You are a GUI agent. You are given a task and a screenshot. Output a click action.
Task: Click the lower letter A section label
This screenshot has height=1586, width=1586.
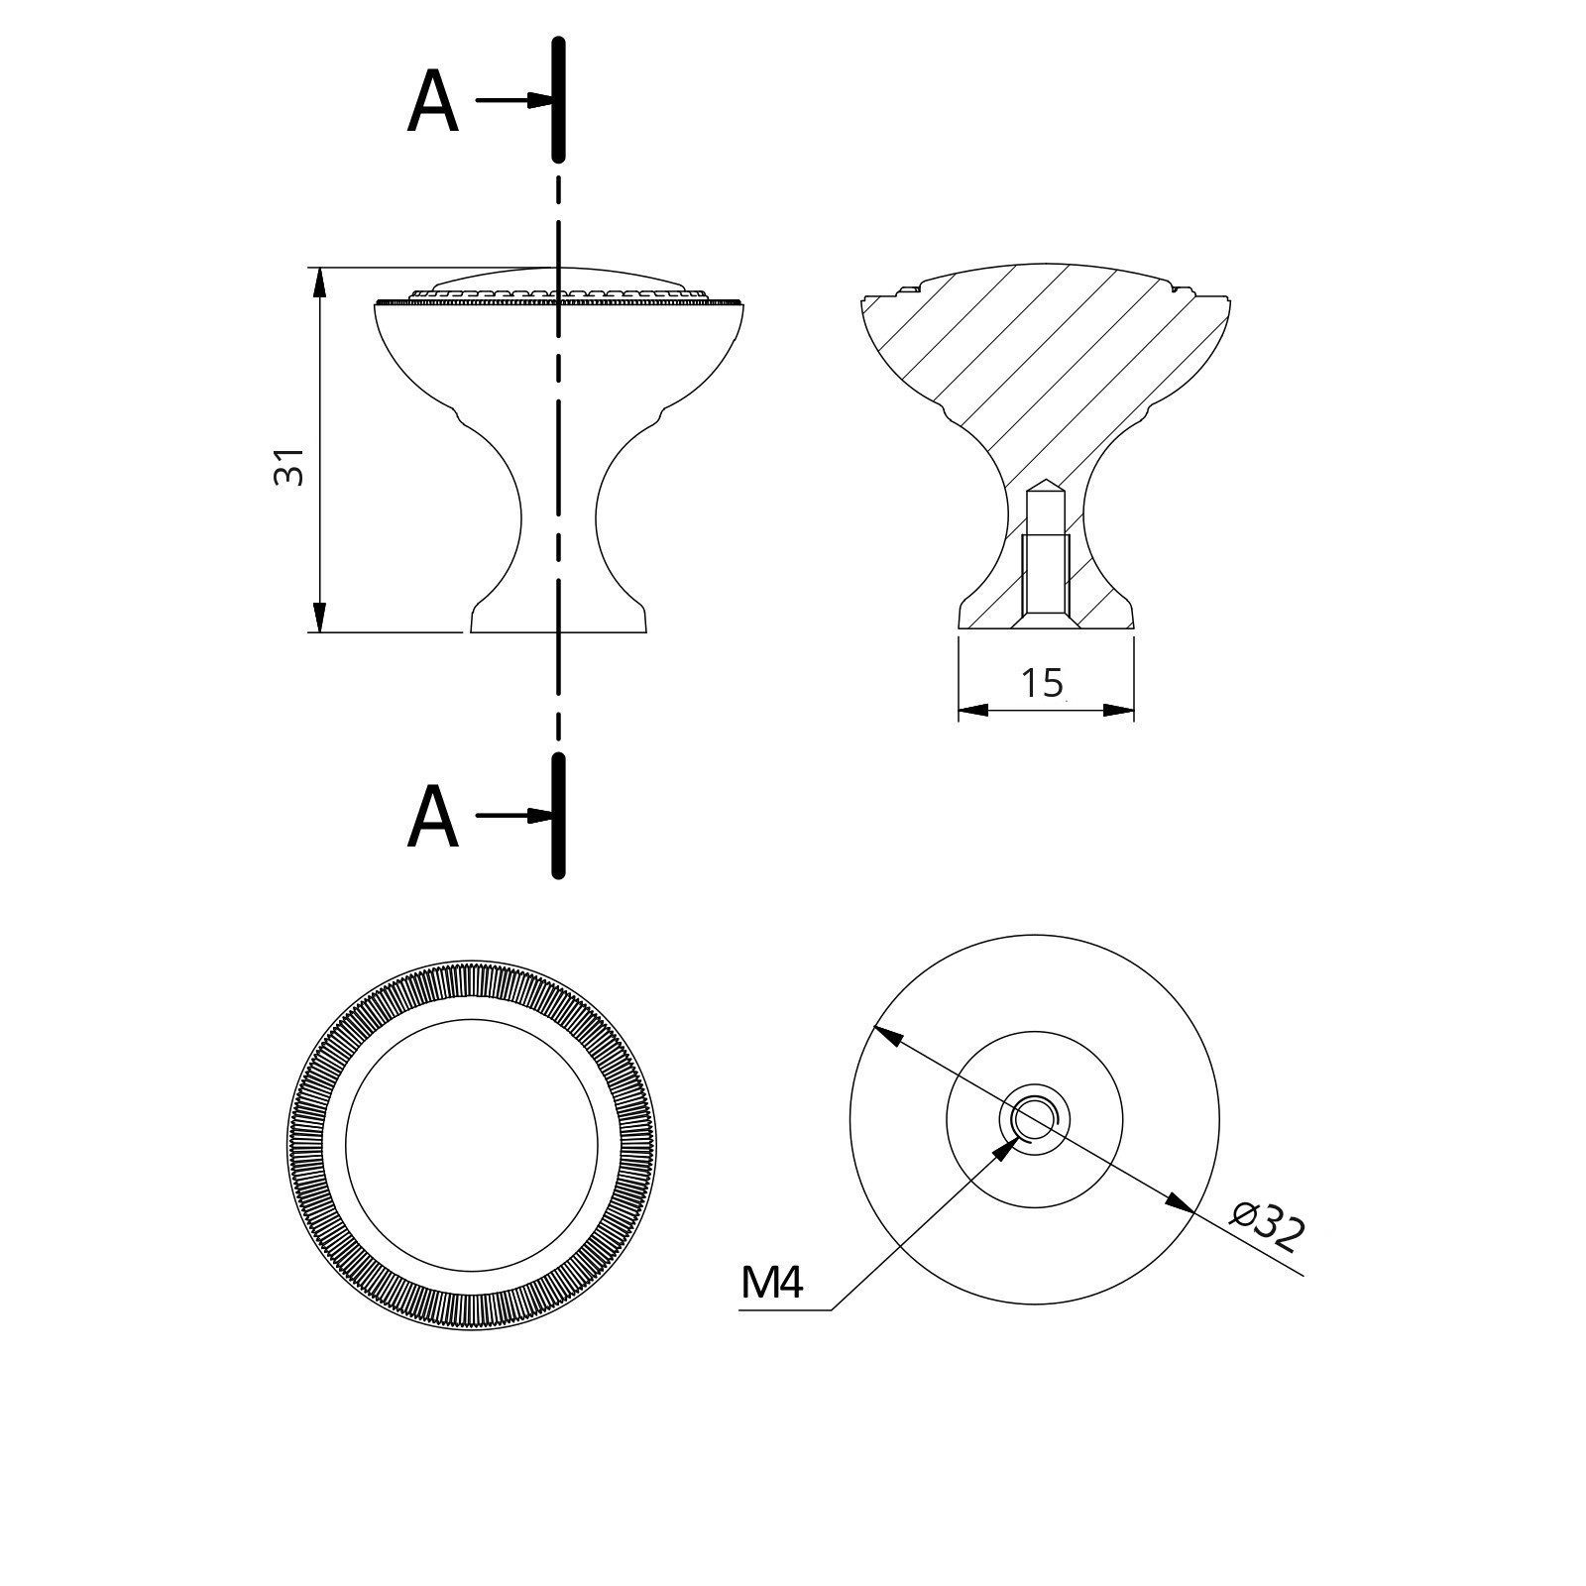click(432, 819)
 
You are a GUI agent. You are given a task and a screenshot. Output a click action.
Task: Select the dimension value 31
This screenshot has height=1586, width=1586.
click(287, 465)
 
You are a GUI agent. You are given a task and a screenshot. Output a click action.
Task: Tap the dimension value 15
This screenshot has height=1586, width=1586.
click(1042, 682)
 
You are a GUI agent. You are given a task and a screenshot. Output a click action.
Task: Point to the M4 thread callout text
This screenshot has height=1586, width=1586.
click(770, 1285)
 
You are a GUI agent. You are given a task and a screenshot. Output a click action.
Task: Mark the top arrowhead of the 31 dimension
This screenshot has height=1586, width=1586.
click(319, 282)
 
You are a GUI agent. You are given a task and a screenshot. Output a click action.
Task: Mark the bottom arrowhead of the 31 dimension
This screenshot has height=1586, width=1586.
click(319, 617)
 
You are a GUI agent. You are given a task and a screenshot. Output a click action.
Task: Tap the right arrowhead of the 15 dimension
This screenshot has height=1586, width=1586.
click(1119, 710)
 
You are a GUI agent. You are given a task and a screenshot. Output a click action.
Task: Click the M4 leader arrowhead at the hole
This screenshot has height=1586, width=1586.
click(1006, 1149)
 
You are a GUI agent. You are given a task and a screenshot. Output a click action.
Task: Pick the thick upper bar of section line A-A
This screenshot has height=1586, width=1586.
click(558, 99)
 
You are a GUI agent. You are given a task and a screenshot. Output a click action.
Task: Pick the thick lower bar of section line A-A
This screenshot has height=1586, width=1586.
click(558, 815)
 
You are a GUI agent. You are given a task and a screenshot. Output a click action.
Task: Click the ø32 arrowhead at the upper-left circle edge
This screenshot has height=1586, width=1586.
click(886, 1037)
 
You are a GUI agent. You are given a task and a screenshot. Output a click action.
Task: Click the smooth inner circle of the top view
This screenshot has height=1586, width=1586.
click(472, 1145)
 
